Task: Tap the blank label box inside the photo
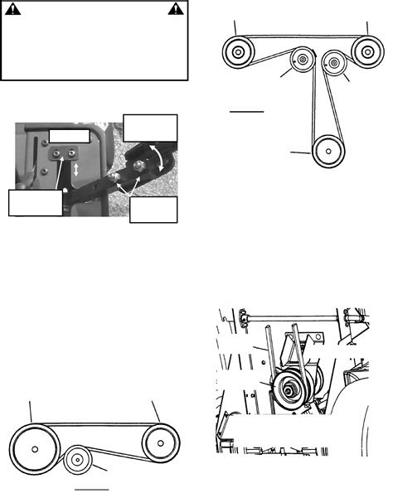click(x=68, y=134)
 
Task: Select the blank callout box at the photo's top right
click(x=149, y=127)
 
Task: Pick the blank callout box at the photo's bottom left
click(x=35, y=202)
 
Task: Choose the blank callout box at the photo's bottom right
click(x=153, y=210)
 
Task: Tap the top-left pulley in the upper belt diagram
click(x=238, y=54)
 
